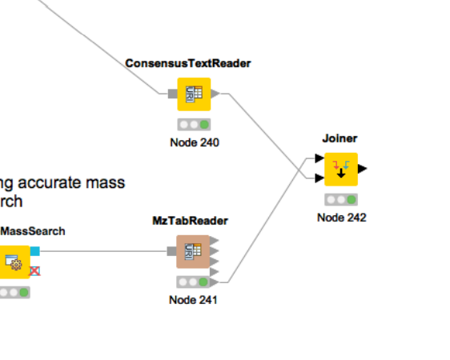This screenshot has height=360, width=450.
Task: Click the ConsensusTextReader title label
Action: click(x=188, y=63)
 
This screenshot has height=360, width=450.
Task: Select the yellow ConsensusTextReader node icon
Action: click(x=194, y=94)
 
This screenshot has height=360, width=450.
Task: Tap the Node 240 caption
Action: click(x=195, y=142)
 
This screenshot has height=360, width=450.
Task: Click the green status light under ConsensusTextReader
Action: click(x=204, y=125)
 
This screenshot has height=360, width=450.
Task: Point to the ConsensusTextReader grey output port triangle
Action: click(x=215, y=94)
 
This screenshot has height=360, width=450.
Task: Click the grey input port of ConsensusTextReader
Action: click(x=173, y=94)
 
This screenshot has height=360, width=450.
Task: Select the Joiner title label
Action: click(x=340, y=138)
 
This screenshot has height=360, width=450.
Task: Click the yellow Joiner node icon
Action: click(x=341, y=170)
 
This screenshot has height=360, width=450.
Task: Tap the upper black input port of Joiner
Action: click(x=319, y=158)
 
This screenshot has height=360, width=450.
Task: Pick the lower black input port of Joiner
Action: click(x=319, y=178)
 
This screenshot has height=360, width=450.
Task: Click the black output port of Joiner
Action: click(x=363, y=169)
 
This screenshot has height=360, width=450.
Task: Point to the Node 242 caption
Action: click(x=342, y=218)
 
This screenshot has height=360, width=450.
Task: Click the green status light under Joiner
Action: click(x=352, y=200)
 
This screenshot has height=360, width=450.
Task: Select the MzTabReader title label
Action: click(x=190, y=221)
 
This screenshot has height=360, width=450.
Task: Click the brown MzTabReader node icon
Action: click(x=193, y=252)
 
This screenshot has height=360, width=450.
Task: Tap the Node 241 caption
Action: click(x=193, y=300)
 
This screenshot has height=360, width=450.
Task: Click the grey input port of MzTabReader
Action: click(x=171, y=251)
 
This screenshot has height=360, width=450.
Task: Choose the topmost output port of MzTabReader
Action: click(x=214, y=241)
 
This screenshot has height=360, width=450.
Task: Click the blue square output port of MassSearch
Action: click(x=35, y=251)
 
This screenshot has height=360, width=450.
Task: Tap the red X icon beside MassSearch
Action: click(x=34, y=271)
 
